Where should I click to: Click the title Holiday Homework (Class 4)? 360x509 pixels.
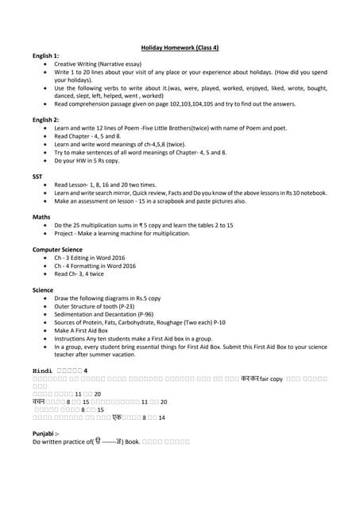[x=180, y=48]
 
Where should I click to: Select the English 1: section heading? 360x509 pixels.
[x=45, y=56]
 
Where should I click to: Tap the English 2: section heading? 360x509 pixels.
[x=45, y=119]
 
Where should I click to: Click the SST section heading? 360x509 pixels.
[x=37, y=176]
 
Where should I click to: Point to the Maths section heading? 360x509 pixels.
[x=41, y=216]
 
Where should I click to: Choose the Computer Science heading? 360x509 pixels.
[x=56, y=249]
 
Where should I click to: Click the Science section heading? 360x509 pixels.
[x=43, y=290]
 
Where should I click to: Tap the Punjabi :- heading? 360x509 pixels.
[x=46, y=433]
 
